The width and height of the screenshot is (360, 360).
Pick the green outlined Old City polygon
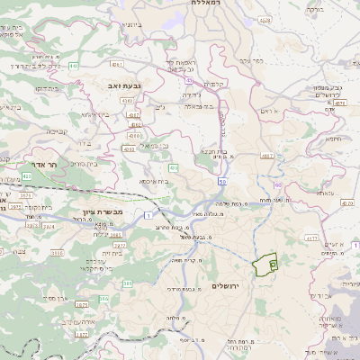click(264, 265)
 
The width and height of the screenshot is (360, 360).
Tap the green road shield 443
click(73, 66)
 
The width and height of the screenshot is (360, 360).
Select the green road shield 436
click(173, 166)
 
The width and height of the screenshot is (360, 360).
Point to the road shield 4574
click(339, 103)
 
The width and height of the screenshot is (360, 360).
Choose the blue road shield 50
click(221, 181)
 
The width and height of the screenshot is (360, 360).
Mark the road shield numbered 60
click(278, 184)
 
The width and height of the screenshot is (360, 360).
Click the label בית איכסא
click(155, 181)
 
